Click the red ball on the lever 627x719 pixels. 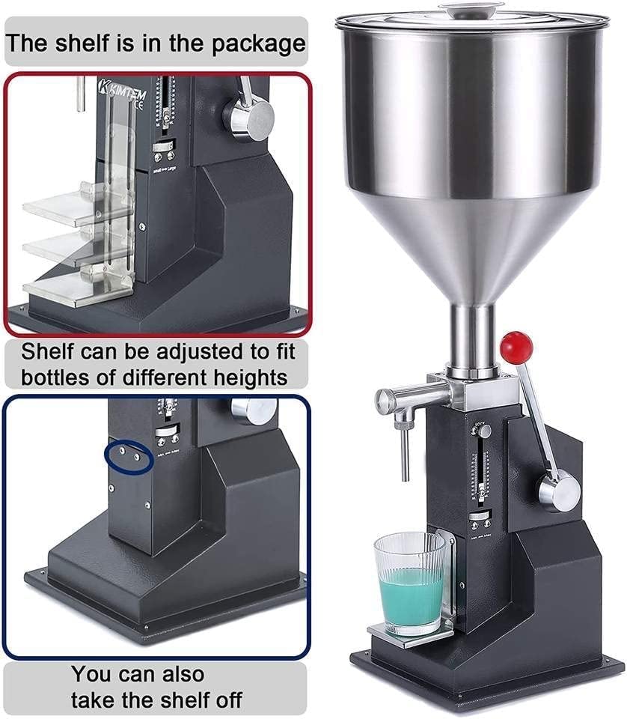click(x=516, y=345)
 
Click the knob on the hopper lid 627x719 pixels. click(x=470, y=10)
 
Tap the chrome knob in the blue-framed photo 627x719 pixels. click(x=255, y=410)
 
